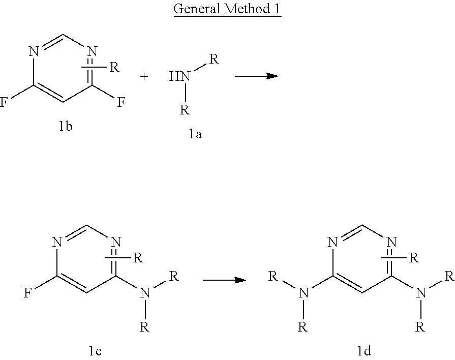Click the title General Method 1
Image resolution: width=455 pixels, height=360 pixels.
pyautogui.click(x=227, y=9)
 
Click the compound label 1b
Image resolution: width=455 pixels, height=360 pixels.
pyautogui.click(x=66, y=126)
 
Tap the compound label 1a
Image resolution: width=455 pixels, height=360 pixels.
pyautogui.click(x=195, y=134)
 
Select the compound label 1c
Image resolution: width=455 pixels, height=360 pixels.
pyautogui.click(x=95, y=351)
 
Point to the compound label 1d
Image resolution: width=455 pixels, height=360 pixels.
pyautogui.click(x=364, y=351)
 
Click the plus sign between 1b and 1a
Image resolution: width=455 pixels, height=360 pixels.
pyautogui.click(x=144, y=77)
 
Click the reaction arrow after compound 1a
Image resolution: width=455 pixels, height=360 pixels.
pyautogui.click(x=256, y=76)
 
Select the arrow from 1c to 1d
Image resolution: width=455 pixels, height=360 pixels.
pyautogui.click(x=224, y=280)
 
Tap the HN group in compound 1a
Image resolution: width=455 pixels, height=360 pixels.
pyautogui.click(x=179, y=76)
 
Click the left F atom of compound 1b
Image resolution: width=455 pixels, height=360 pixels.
pyautogui.click(x=4, y=102)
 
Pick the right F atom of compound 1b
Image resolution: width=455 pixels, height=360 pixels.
pyautogui.click(x=122, y=102)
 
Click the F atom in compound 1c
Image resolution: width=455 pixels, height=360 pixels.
pyautogui.click(x=27, y=293)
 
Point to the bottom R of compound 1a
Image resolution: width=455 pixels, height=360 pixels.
pyautogui.click(x=185, y=110)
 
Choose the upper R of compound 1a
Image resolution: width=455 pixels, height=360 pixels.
pyautogui.click(x=214, y=59)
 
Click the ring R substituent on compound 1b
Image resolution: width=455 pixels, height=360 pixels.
pyautogui.click(x=114, y=68)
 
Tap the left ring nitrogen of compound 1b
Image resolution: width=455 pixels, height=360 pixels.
pyautogui.click(x=34, y=51)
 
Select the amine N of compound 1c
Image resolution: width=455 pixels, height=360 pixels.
pyautogui.click(x=145, y=293)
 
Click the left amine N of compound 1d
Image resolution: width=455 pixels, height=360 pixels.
pyautogui.click(x=304, y=293)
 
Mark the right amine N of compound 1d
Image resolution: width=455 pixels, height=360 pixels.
pyautogui.click(x=421, y=293)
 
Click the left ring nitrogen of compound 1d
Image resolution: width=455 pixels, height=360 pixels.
pyautogui.click(x=332, y=242)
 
